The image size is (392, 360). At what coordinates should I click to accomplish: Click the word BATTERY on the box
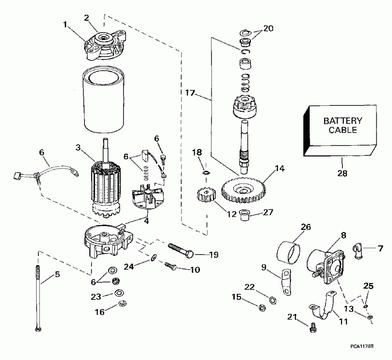pyautogui.click(x=342, y=121)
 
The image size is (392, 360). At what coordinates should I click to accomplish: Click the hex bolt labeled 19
pyautogui.click(x=180, y=249)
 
